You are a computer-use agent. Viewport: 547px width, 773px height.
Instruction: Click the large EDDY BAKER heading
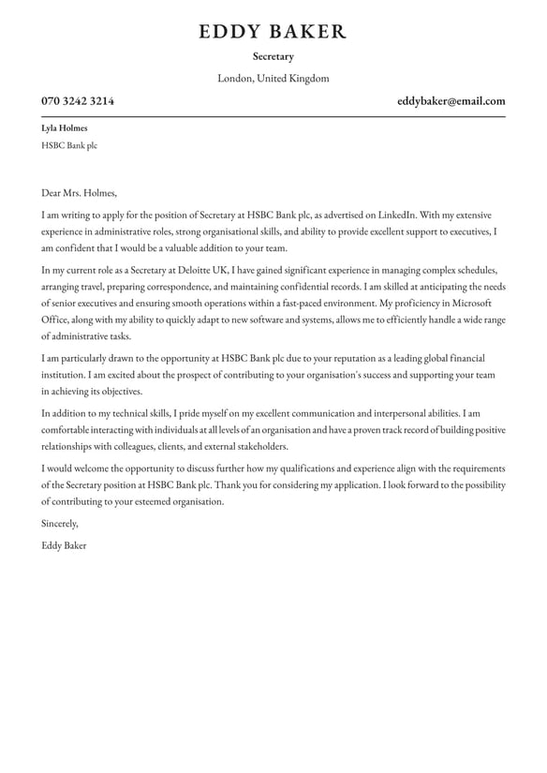[x=273, y=32]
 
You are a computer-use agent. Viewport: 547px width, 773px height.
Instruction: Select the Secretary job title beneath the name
[x=273, y=57]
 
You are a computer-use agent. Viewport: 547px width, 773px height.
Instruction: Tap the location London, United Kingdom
[x=273, y=79]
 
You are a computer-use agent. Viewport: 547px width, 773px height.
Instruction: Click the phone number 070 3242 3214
[x=78, y=101]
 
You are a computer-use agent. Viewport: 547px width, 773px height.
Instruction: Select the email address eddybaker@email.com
[x=451, y=101]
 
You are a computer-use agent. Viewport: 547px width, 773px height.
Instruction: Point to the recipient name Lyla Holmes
[x=65, y=128]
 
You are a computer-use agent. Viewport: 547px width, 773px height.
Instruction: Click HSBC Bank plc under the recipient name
[x=69, y=145]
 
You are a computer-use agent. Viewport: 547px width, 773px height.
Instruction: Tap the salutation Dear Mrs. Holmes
[x=80, y=193]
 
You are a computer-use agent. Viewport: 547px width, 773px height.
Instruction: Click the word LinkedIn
[x=396, y=215]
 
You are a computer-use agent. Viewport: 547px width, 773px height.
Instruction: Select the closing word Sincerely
[x=60, y=524]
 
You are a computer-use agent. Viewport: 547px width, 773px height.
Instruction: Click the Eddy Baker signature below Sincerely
[x=64, y=545]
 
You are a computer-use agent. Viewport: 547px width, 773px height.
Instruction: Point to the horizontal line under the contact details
[x=273, y=116]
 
